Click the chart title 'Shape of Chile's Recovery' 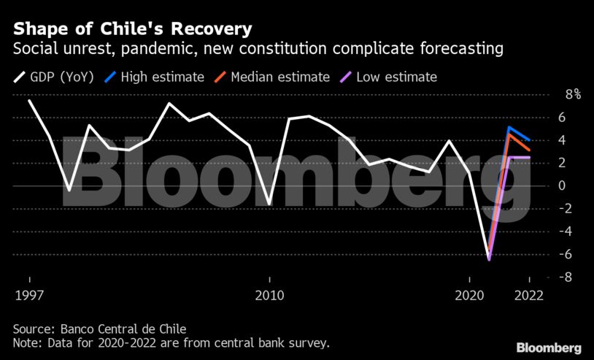(132, 29)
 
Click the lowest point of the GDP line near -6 (489, 258)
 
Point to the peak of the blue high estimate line (509, 128)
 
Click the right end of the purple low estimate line (529, 157)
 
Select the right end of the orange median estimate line (529, 150)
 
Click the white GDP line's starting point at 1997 (29, 100)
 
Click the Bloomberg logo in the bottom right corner (548, 348)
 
